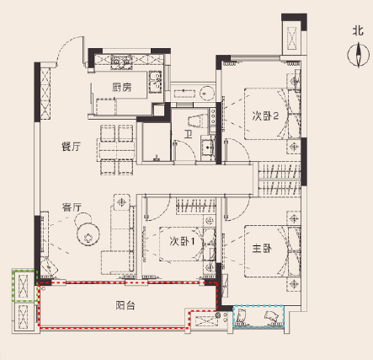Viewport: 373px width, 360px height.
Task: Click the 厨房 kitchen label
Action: (x=122, y=88)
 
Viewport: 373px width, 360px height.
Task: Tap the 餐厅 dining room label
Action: (x=72, y=147)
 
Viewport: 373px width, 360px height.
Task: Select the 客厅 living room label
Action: (x=72, y=207)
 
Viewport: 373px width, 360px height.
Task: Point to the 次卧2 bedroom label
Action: (x=265, y=116)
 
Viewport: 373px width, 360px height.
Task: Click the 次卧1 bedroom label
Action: (x=182, y=241)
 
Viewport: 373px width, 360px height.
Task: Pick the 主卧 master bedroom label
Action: (x=262, y=249)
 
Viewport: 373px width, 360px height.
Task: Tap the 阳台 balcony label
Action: (x=125, y=305)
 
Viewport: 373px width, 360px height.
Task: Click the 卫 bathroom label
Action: (x=188, y=135)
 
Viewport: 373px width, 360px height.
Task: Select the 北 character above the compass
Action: (x=358, y=30)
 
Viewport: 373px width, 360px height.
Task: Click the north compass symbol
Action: (x=359, y=55)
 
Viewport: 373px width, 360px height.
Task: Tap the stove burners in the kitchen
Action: (x=121, y=62)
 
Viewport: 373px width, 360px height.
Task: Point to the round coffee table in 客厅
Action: (x=88, y=234)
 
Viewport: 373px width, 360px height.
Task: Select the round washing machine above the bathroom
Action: (x=207, y=93)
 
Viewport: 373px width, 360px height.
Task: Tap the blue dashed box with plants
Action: (x=258, y=316)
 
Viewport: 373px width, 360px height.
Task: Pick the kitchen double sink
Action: (x=155, y=82)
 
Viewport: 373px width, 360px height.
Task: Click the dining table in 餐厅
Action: (x=116, y=150)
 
